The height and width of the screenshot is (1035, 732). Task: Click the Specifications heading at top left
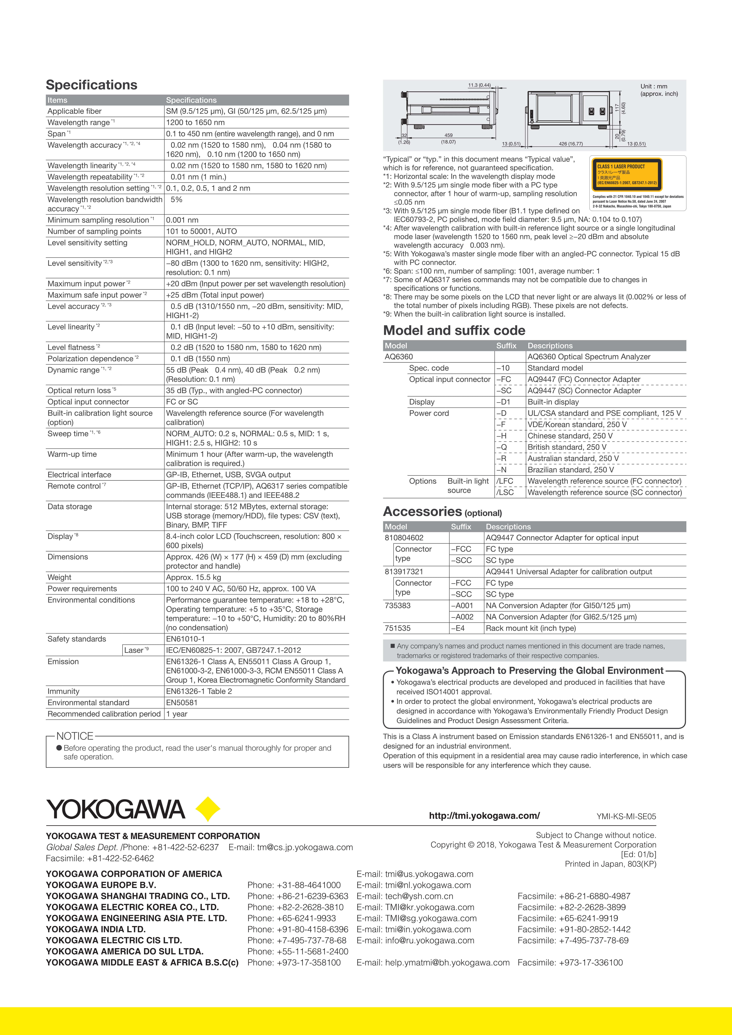(x=92, y=85)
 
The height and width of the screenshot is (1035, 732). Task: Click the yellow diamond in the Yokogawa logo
(x=208, y=809)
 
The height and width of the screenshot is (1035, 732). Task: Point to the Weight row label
(x=59, y=578)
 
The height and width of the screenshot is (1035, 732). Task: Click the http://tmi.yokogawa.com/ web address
(x=484, y=815)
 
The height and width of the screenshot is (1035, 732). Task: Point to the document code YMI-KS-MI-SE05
(x=626, y=816)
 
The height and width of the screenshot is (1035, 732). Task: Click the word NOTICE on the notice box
(x=75, y=736)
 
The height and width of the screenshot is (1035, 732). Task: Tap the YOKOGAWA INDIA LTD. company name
(x=96, y=930)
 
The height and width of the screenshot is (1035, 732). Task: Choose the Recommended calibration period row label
(x=104, y=714)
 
